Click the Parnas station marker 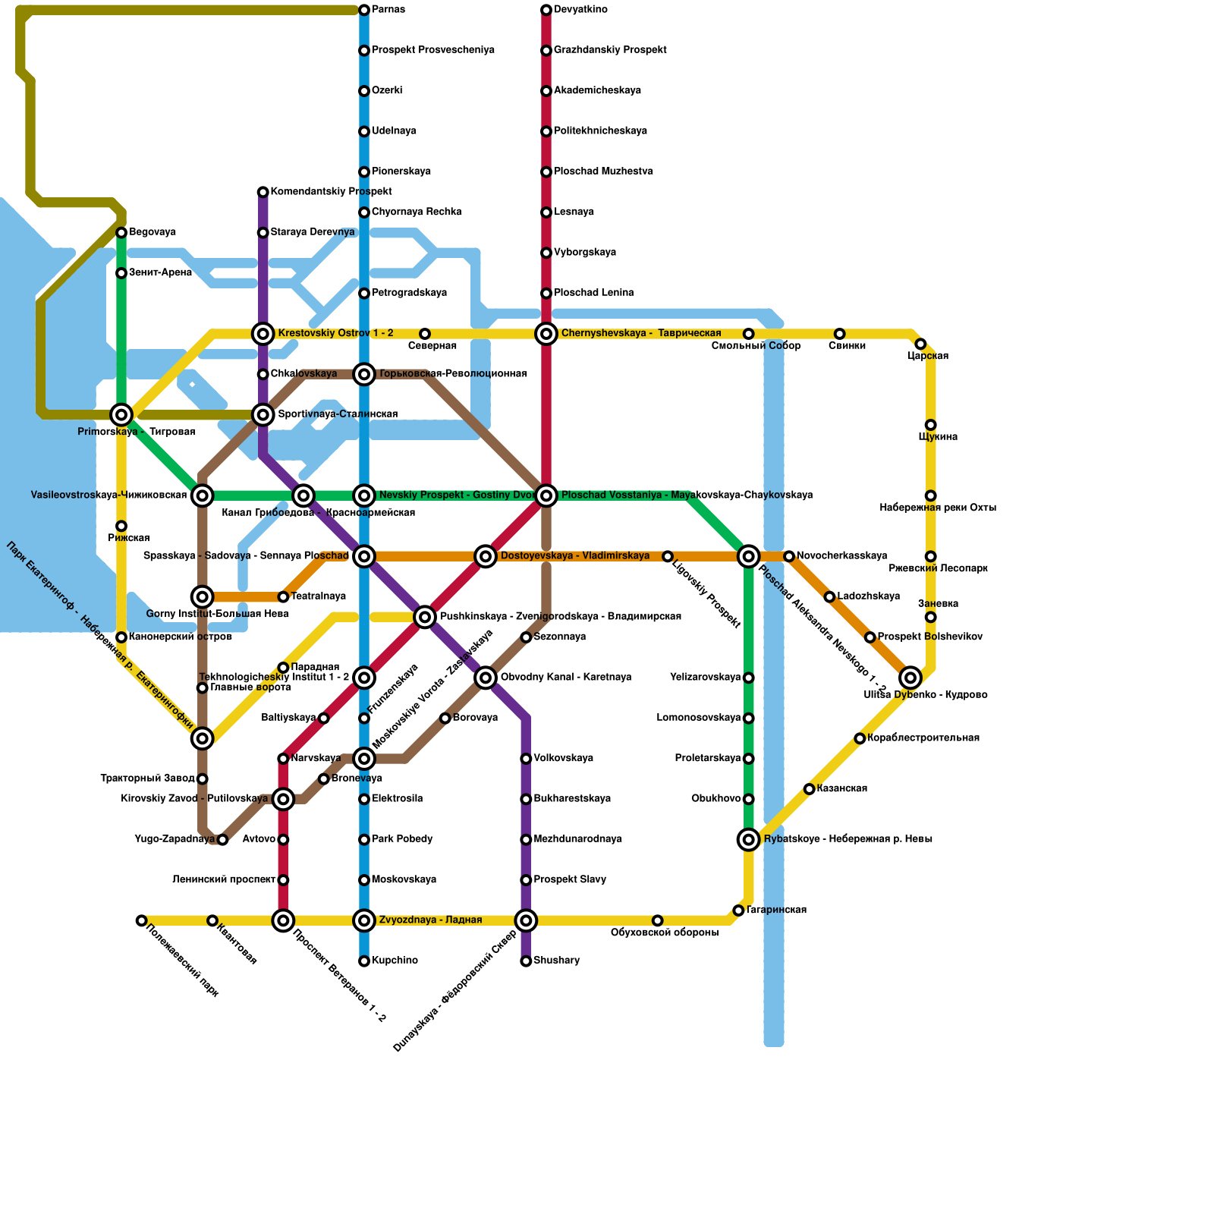click(364, 10)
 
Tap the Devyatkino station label click(580, 10)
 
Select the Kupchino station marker click(364, 961)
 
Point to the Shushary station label click(556, 961)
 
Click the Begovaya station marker click(121, 232)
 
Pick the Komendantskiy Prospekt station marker click(263, 192)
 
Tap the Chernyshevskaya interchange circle click(546, 334)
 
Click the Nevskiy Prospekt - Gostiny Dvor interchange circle click(364, 495)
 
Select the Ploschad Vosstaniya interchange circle click(546, 495)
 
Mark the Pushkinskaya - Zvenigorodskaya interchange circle click(425, 617)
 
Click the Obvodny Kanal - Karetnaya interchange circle click(486, 678)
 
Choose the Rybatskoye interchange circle click(749, 839)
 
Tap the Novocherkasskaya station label click(841, 556)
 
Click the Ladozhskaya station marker click(829, 597)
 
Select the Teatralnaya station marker click(283, 597)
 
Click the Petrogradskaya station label click(409, 293)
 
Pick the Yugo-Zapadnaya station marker click(222, 839)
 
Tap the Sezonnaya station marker click(526, 637)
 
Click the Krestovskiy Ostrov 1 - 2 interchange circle click(263, 334)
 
